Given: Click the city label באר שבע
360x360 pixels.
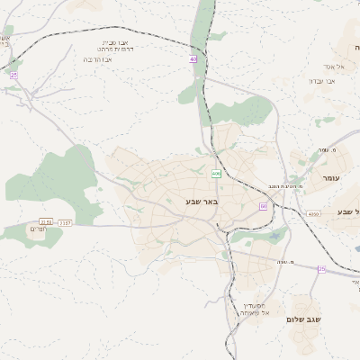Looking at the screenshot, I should (202, 202).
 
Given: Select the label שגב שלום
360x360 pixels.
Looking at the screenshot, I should (308, 319).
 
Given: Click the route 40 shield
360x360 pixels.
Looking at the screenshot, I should (193, 59).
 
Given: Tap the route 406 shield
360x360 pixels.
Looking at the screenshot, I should (216, 173).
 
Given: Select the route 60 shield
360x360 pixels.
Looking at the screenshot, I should (263, 206).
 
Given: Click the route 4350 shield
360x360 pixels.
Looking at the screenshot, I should (312, 214).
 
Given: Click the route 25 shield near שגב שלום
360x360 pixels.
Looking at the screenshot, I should (321, 269).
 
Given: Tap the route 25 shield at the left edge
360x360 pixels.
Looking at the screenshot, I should (13, 76).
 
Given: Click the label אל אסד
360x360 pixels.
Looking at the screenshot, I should (349, 67).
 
